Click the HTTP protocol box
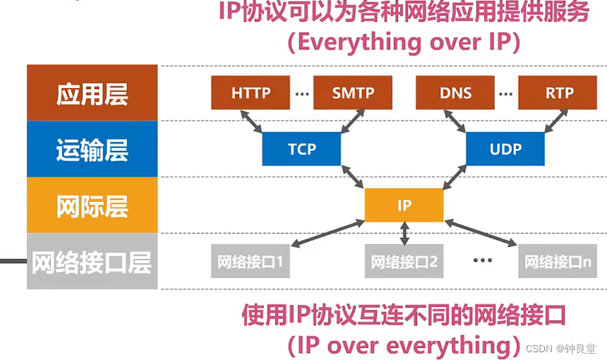(251, 93)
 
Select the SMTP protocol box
(353, 93)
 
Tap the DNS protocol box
(455, 93)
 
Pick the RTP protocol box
(558, 93)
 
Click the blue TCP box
(301, 149)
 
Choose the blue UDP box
(505, 149)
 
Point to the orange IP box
(404, 205)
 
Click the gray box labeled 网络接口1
(251, 263)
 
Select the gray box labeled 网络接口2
(404, 263)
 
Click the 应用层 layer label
(92, 93)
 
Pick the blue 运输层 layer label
(92, 149)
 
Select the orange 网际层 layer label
(92, 205)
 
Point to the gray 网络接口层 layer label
(92, 262)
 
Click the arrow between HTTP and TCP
(253, 121)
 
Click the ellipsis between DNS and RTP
(505, 93)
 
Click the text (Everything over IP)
(404, 42)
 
